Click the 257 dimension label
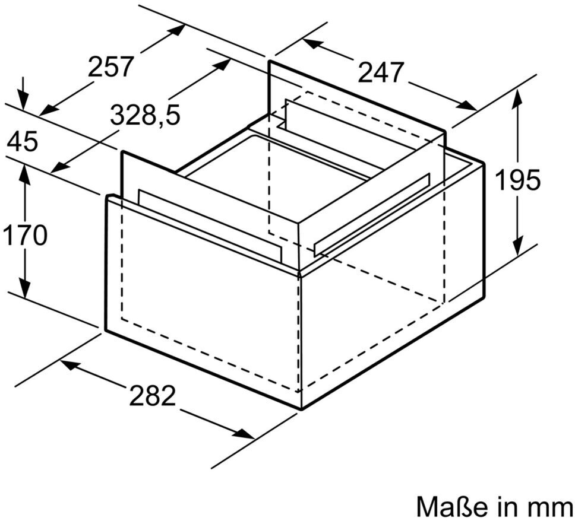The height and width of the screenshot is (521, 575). pos(111,67)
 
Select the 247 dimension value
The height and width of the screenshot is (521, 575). pos(381,73)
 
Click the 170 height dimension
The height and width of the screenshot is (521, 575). pos(25,236)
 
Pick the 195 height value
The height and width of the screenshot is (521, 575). pos(518,180)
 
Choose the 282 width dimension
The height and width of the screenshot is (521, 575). pos(153,396)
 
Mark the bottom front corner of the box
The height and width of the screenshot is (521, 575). pos(302,408)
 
